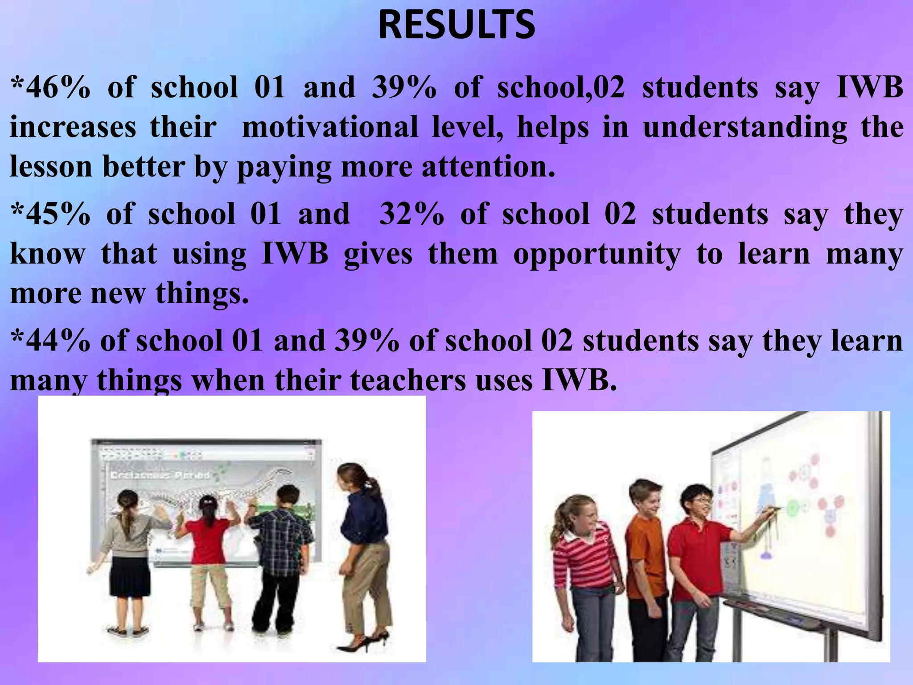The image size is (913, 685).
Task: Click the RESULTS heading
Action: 456,26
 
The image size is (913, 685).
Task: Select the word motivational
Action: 330,128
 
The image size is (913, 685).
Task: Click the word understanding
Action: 744,128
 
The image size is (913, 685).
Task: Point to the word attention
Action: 488,167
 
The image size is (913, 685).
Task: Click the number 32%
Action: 411,215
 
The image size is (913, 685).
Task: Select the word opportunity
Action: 597,255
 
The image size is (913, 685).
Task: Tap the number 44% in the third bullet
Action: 54,341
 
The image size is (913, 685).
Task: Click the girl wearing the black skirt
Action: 129,557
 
